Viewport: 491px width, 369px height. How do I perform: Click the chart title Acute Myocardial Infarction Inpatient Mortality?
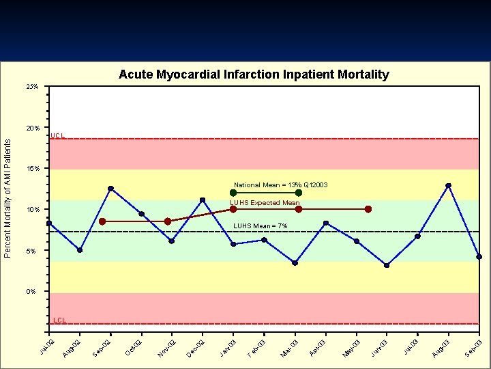(x=254, y=74)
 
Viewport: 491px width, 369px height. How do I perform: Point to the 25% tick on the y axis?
(x=33, y=87)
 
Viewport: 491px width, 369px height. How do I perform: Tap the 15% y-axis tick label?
(x=33, y=169)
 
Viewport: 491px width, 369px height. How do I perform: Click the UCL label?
(x=58, y=136)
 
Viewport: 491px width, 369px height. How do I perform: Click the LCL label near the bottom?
(x=59, y=320)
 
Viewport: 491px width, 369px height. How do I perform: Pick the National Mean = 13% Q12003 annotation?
(x=281, y=185)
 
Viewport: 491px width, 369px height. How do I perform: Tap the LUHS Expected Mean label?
(x=265, y=203)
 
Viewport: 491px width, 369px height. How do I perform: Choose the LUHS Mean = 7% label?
(x=261, y=225)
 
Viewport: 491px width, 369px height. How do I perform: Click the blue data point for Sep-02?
(x=110, y=189)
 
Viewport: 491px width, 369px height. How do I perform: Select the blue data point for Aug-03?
(x=448, y=185)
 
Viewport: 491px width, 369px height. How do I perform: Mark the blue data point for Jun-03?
(x=387, y=265)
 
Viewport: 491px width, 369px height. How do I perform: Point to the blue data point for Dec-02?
(x=203, y=200)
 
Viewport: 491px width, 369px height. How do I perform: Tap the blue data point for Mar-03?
(x=295, y=262)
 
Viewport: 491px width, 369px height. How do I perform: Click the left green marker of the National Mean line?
(x=233, y=193)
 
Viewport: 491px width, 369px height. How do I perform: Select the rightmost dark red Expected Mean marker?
(x=368, y=209)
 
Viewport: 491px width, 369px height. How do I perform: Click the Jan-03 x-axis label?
(x=228, y=347)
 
